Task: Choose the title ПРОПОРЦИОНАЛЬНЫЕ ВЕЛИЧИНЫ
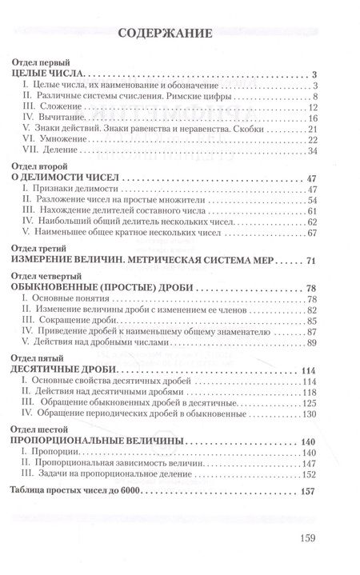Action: [x=100, y=441]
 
